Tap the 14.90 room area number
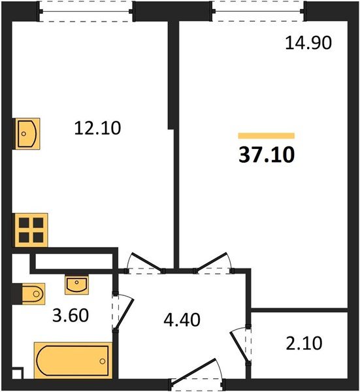(309, 43)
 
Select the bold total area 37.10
(267, 154)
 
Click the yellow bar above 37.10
(267, 135)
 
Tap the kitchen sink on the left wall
(27, 134)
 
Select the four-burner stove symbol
(29, 230)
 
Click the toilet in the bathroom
(30, 294)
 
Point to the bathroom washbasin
(76, 284)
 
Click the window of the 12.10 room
(86, 10)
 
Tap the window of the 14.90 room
(259, 10)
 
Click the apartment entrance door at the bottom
(200, 380)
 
